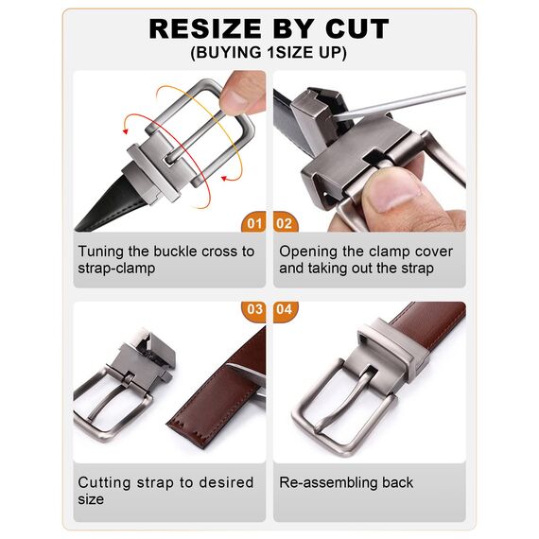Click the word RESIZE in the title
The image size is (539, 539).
click(x=205, y=29)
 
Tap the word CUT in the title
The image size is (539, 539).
click(x=357, y=29)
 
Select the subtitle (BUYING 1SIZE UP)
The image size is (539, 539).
click(x=269, y=53)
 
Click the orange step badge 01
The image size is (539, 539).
click(x=253, y=222)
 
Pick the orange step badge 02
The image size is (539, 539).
click(x=286, y=222)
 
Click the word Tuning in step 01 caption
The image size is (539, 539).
click(x=101, y=252)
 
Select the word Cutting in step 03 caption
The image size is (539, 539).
click(x=105, y=483)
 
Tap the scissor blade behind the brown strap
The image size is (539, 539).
click(x=248, y=372)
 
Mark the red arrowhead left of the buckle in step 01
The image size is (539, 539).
click(x=126, y=131)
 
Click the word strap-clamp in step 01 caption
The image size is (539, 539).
click(x=116, y=269)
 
